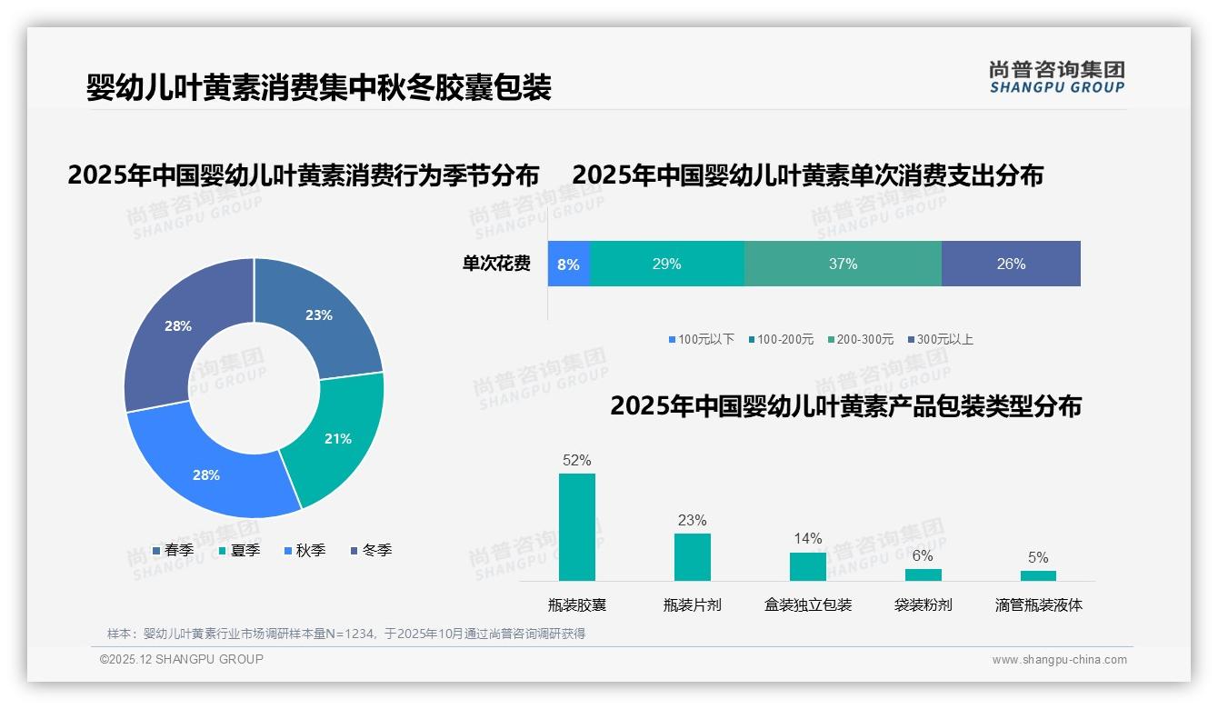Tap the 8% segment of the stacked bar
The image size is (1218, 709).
[x=568, y=265]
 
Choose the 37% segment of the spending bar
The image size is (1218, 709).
[x=843, y=265]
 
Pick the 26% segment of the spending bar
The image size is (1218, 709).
[x=1011, y=265]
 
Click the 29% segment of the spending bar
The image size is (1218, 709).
[x=666, y=265]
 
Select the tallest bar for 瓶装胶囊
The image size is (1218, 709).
[x=577, y=527]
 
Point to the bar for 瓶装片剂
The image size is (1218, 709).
[x=693, y=557]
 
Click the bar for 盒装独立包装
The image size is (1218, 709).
[x=808, y=566]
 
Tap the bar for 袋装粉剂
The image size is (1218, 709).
[x=923, y=574]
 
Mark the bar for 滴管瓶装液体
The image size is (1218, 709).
[x=1038, y=575]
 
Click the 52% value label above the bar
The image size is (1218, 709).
[x=577, y=461]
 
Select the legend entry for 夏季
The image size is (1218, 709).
[x=240, y=551]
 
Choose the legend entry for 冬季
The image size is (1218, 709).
[x=371, y=551]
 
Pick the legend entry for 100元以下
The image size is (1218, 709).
[x=702, y=340]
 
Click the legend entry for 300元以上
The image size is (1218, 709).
[x=940, y=340]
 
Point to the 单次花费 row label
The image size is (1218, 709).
[x=496, y=265]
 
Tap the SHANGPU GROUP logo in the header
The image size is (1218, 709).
[x=1056, y=77]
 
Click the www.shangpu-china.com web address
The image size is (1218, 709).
[x=1059, y=660]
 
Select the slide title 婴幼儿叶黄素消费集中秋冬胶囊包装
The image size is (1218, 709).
[x=319, y=88]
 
